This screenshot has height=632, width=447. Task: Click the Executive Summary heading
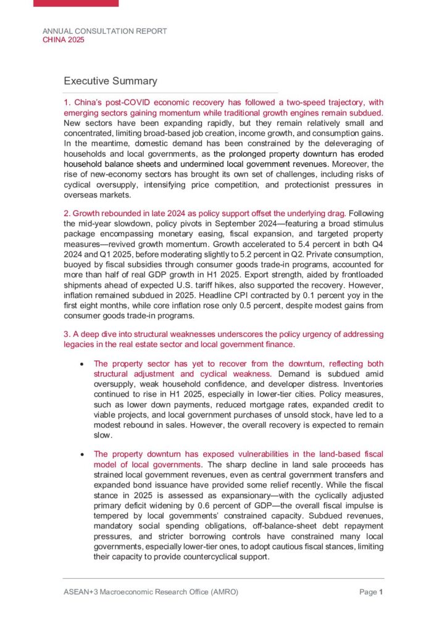pyautogui.click(x=111, y=81)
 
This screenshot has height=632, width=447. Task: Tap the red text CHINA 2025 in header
pyautogui.click(x=64, y=39)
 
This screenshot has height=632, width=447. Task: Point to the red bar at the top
pyautogui.click(x=76, y=3)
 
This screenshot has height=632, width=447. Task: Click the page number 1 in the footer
pyautogui.click(x=382, y=592)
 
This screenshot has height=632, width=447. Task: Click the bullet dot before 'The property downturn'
pyautogui.click(x=83, y=454)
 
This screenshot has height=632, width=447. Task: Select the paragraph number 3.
pyautogui.click(x=66, y=334)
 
